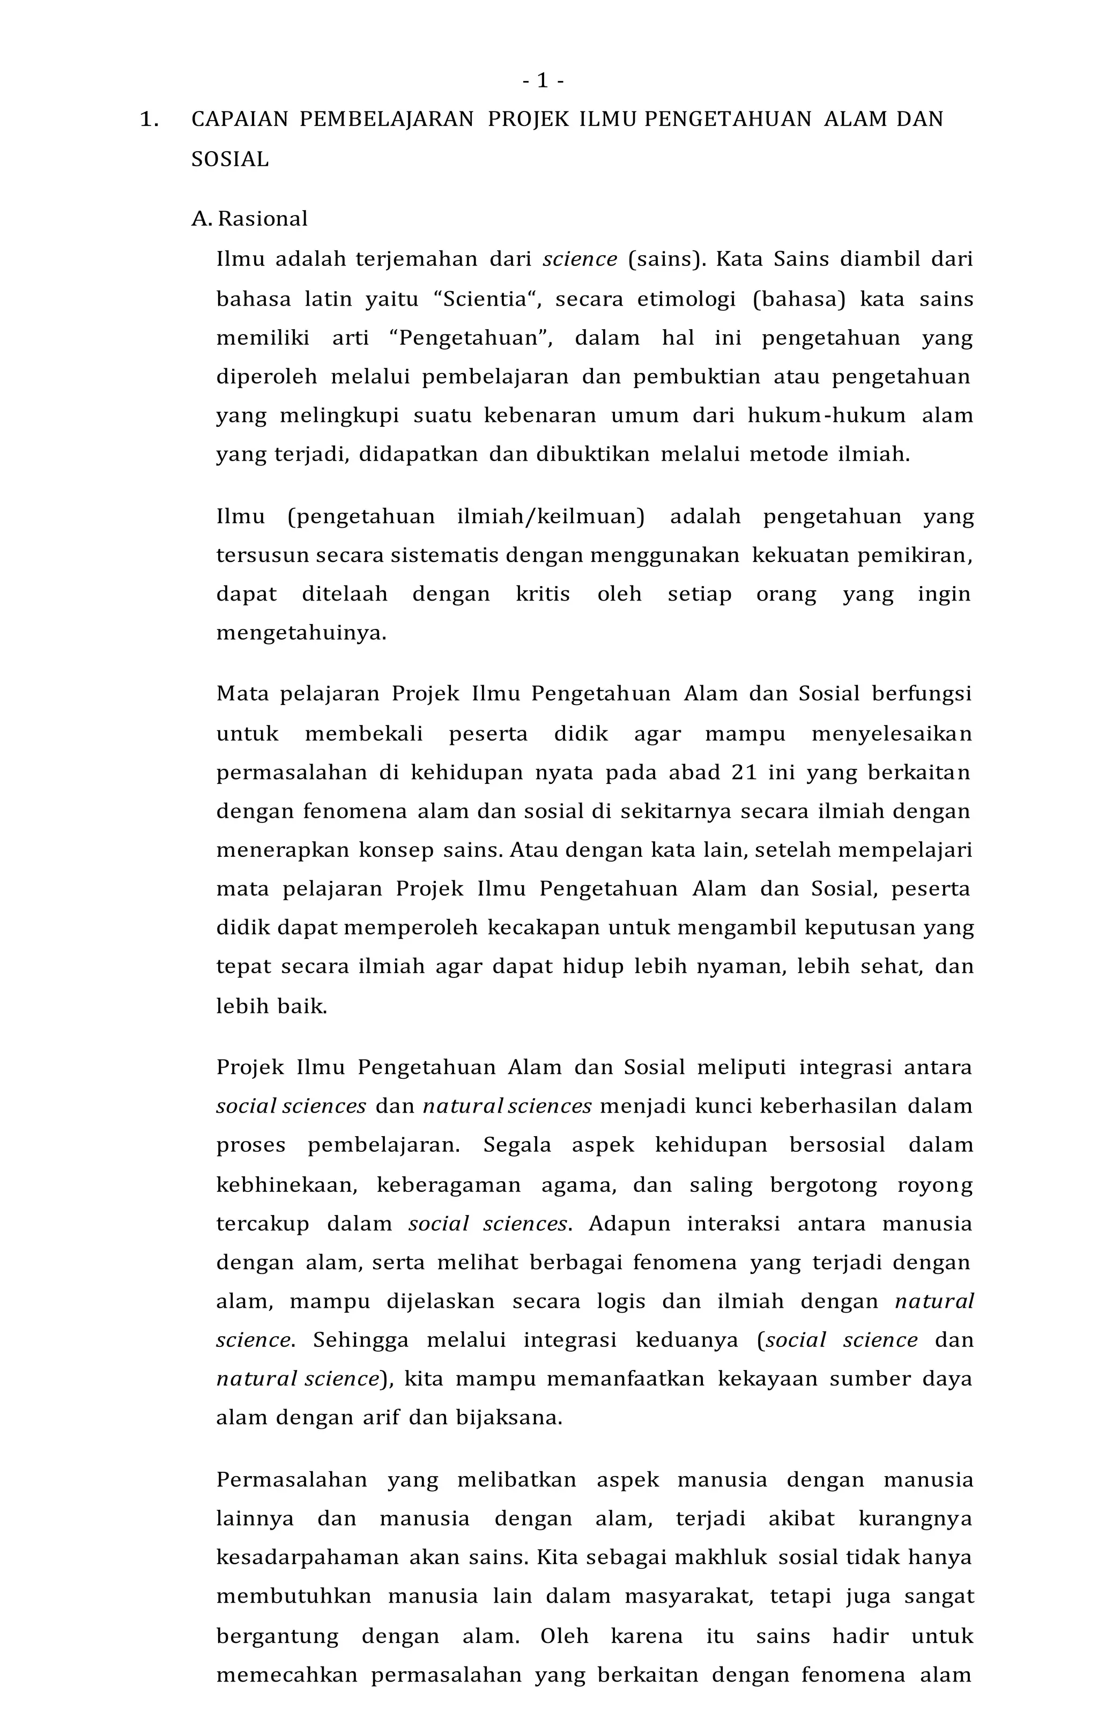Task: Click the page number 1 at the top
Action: pos(543,81)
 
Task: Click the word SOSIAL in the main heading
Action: pos(230,159)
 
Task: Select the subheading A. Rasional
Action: pos(249,219)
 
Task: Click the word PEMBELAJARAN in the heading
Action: pos(387,119)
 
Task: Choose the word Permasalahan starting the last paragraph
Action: pos(292,1479)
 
